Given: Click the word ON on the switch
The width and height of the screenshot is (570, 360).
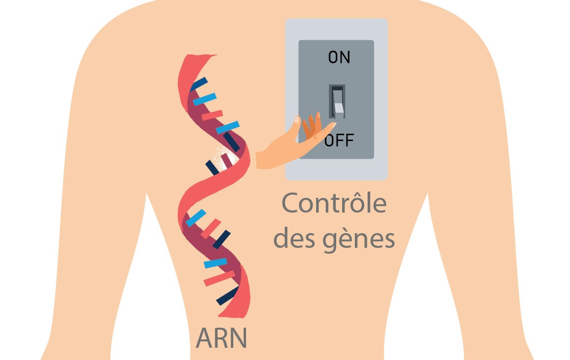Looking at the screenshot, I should (339, 57).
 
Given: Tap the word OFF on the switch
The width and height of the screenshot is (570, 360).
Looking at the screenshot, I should (339, 141).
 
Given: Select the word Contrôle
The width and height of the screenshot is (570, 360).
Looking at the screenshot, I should (334, 204).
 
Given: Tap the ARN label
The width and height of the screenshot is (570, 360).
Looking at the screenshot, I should (221, 338).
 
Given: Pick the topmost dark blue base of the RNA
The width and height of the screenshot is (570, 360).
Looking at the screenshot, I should (198, 84).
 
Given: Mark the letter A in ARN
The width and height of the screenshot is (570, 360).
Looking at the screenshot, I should (205, 338).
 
